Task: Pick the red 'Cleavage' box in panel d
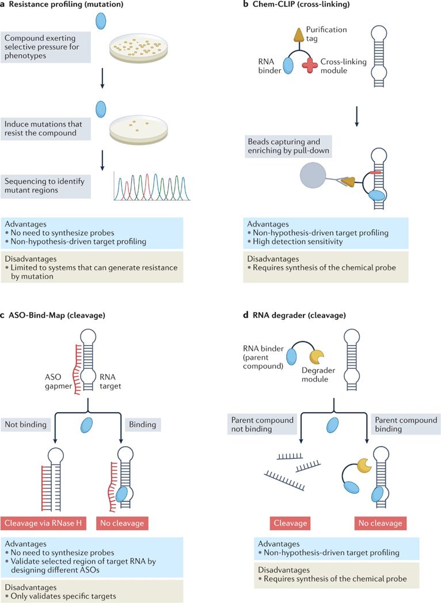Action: click(x=290, y=523)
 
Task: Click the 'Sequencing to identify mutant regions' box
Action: click(x=47, y=185)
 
